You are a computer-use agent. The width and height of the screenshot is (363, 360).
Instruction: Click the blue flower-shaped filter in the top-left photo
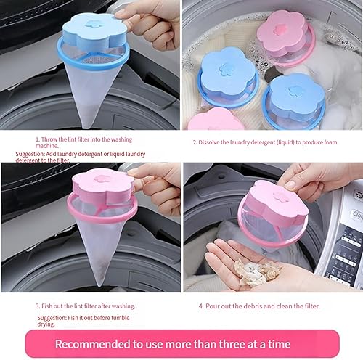(x=94, y=36)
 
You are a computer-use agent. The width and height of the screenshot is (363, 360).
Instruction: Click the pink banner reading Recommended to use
(x=181, y=343)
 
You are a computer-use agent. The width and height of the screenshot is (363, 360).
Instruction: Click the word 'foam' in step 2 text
(x=338, y=142)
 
